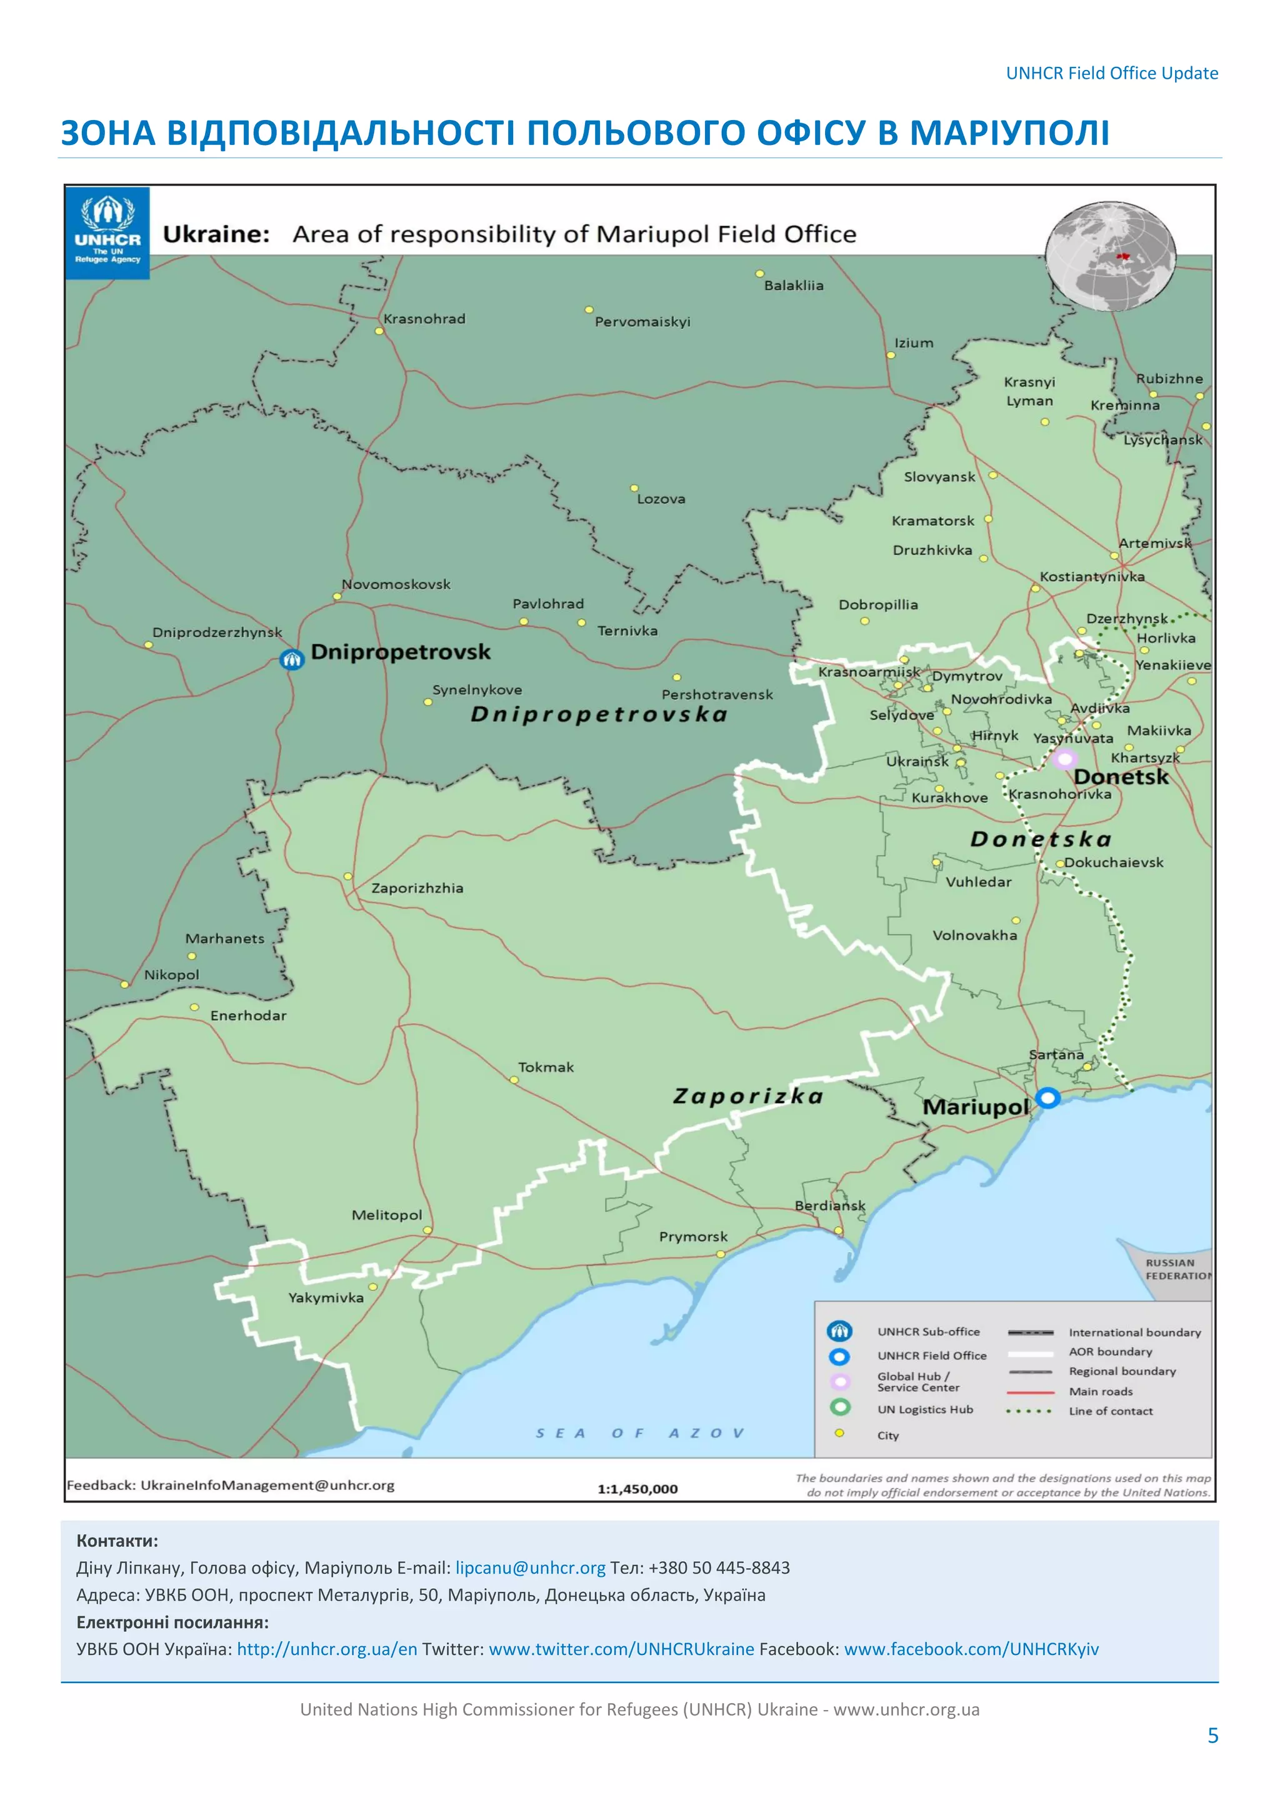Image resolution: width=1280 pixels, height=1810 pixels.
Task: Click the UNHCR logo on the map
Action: [107, 232]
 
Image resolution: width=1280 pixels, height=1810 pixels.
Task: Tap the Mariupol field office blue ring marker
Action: [1047, 1097]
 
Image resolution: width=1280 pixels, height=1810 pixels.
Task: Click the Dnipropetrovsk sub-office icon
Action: [292, 659]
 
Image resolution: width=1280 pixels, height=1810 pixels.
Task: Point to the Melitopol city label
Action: [386, 1215]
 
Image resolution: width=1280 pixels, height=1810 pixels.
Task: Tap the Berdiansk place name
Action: [829, 1206]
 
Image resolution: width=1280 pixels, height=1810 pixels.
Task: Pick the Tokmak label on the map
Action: [546, 1067]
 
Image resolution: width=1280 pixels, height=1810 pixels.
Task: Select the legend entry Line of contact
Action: [1111, 1411]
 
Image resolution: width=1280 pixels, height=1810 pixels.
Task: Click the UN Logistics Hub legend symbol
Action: [840, 1407]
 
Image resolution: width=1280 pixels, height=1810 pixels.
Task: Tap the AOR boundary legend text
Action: [1110, 1351]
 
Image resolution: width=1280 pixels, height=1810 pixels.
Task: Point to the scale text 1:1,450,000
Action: [637, 1489]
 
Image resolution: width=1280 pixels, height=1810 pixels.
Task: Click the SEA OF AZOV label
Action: [639, 1433]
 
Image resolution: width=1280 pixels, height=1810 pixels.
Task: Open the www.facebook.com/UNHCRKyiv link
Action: [971, 1649]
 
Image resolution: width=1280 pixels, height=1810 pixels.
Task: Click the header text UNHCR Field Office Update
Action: [1111, 73]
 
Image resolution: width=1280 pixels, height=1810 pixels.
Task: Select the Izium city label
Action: [914, 343]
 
